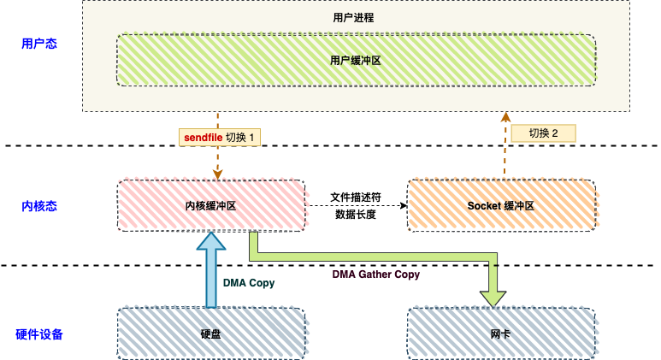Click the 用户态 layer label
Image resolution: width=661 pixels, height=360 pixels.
coord(39,43)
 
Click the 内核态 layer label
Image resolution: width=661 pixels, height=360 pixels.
coord(39,206)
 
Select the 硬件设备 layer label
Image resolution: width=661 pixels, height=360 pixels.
coord(39,334)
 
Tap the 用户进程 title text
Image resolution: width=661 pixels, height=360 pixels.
coord(353,17)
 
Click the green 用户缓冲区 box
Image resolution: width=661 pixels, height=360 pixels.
coord(356,61)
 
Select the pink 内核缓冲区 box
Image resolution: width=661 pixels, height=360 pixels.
coord(210,206)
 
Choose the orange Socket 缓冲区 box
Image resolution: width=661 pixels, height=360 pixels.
coord(501,206)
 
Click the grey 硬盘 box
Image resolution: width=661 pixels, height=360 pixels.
coord(210,333)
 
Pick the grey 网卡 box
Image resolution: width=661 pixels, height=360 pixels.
coord(501,333)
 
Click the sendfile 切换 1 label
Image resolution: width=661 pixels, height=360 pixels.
coord(220,137)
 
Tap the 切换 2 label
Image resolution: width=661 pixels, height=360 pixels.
coord(543,133)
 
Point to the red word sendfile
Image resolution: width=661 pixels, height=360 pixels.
coord(204,137)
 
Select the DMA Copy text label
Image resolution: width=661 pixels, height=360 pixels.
coord(249,283)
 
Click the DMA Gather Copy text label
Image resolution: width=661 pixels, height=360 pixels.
coord(376,274)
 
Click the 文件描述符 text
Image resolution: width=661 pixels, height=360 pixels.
coord(356,197)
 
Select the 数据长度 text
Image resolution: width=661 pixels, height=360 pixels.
coord(356,215)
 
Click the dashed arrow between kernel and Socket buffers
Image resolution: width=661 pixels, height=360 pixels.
coord(356,206)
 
